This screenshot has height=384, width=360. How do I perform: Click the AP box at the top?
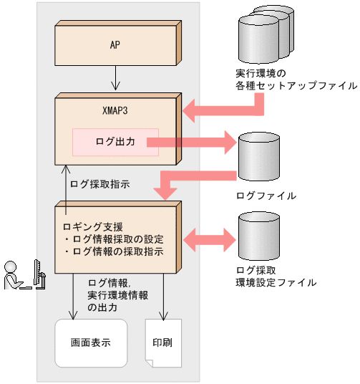click(x=115, y=44)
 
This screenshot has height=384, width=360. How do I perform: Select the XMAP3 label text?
click(x=115, y=112)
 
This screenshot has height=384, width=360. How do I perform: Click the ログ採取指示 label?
click(x=99, y=183)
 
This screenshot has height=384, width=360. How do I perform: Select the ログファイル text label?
click(x=266, y=195)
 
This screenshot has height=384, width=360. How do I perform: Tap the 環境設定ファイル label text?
click(x=276, y=282)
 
